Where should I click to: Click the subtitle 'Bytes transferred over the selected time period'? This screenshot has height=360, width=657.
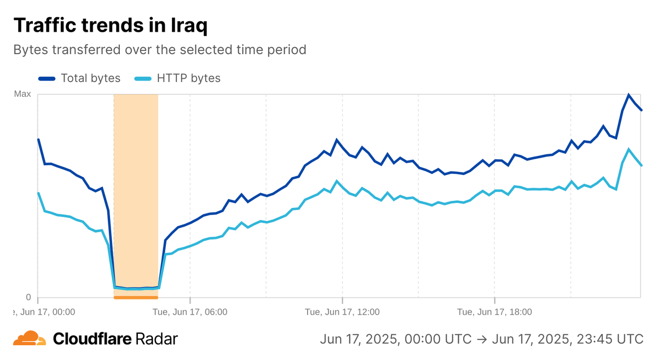(159, 49)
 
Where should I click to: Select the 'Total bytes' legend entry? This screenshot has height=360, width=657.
(90, 78)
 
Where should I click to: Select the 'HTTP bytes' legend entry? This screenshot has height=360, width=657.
(188, 78)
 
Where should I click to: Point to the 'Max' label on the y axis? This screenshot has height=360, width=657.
(22, 94)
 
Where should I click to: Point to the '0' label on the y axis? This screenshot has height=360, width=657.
(28, 297)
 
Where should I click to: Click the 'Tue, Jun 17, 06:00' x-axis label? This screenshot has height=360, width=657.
(190, 312)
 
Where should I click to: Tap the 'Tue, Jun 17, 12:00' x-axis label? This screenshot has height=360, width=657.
(342, 312)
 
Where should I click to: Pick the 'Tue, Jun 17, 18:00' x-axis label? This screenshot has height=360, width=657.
(494, 312)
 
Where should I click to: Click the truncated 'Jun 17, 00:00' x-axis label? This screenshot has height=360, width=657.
(44, 312)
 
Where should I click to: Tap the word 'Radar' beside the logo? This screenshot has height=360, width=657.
(156, 339)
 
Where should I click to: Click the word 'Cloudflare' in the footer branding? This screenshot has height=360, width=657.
(92, 339)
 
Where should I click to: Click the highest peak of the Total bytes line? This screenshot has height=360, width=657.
(629, 95)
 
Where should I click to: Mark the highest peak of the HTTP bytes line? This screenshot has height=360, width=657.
(629, 149)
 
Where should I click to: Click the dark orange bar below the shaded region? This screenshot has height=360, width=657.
(136, 298)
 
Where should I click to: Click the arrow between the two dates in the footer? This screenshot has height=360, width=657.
(481, 339)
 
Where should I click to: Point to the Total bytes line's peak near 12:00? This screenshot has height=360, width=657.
(337, 140)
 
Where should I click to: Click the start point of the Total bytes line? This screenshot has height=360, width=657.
(38, 140)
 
